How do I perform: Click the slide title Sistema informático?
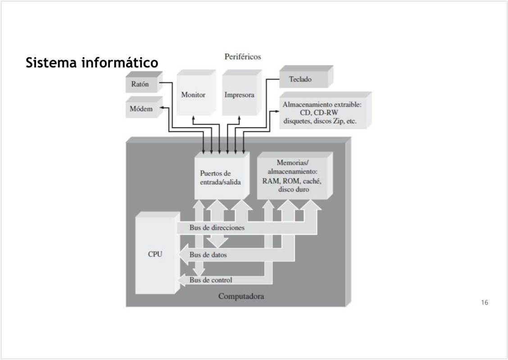coord(92,63)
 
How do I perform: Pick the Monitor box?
coord(193,95)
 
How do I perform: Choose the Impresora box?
coord(239,95)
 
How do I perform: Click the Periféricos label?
coord(243,57)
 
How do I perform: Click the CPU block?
coord(155,254)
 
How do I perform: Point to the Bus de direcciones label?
coord(217,228)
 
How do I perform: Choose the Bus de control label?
coord(211,280)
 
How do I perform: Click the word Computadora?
coord(241,297)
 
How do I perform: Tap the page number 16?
coord(484,302)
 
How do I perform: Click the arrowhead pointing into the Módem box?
coord(162,108)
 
